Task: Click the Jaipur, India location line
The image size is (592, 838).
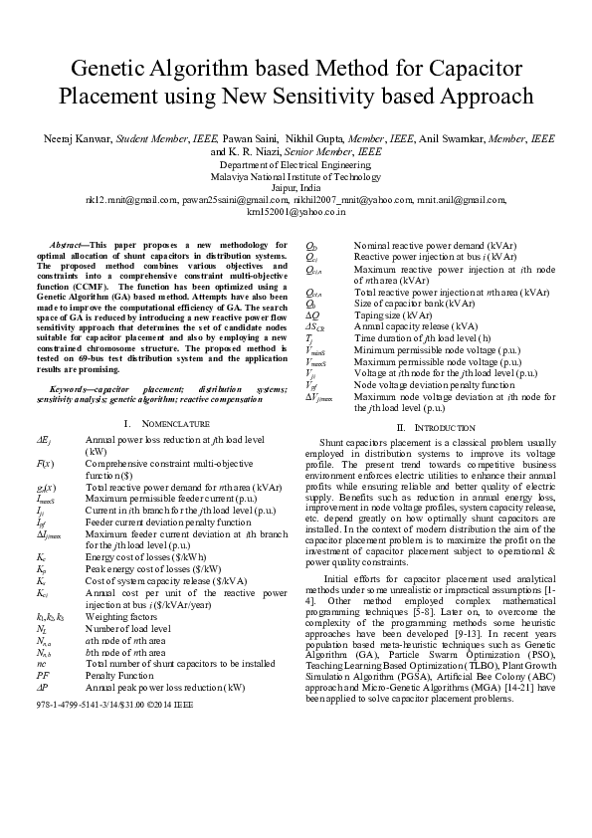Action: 296,186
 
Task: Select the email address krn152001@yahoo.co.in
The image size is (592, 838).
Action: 296,210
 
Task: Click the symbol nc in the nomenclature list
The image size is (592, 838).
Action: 41,661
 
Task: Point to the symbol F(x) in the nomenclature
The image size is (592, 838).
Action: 45,464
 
